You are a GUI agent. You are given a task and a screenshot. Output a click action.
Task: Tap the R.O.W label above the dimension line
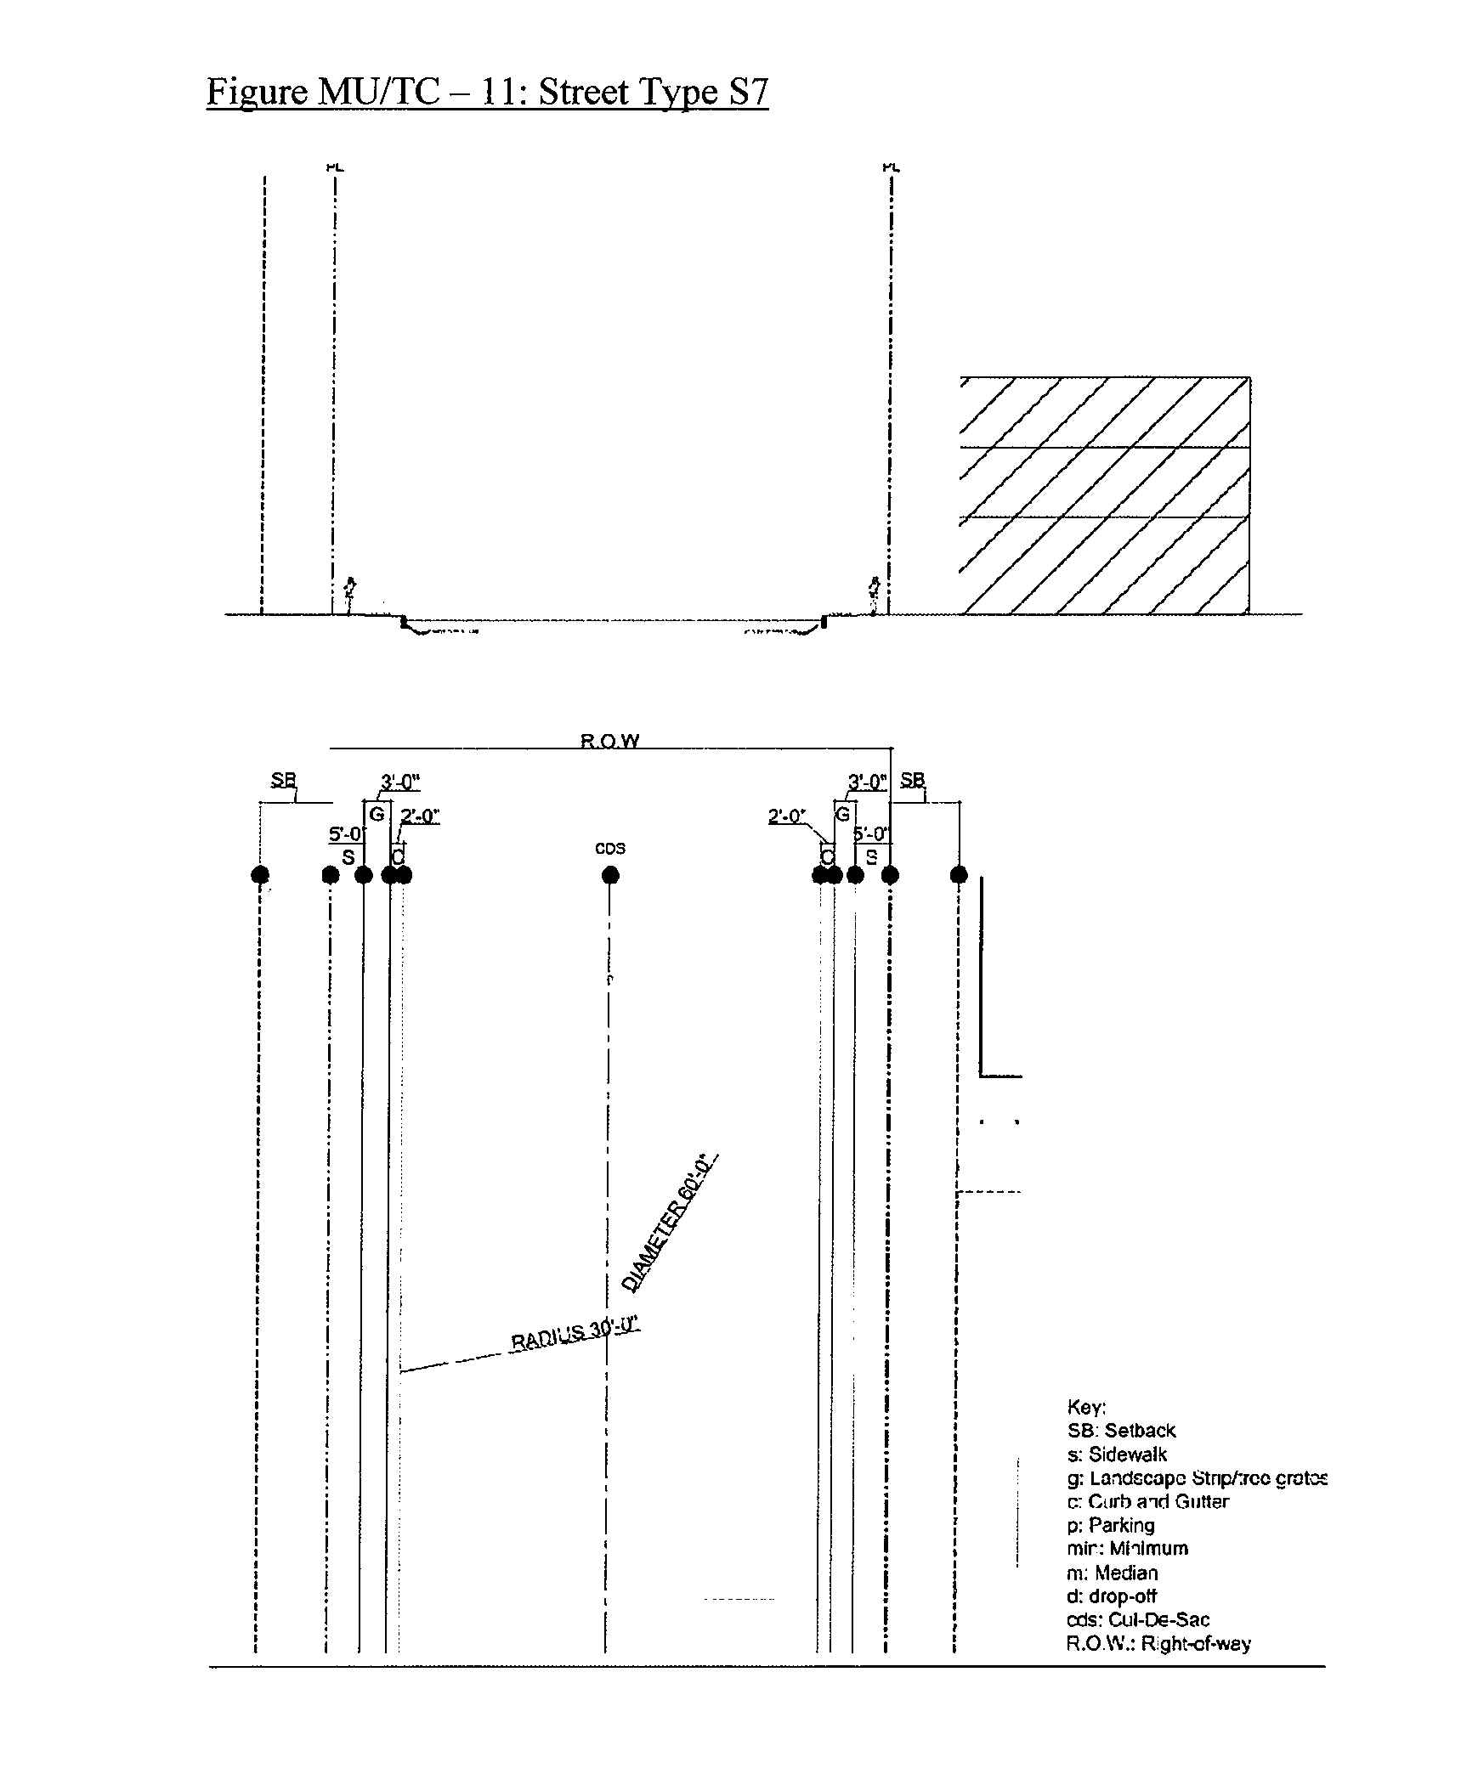[x=609, y=741]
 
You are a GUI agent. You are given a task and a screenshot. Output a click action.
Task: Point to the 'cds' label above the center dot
[x=609, y=849]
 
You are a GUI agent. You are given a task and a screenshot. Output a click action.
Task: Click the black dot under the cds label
[x=609, y=875]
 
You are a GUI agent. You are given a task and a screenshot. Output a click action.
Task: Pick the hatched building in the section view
[x=1104, y=494]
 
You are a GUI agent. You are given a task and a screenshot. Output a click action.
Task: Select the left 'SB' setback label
[x=283, y=780]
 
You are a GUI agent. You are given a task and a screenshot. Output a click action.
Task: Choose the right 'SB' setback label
[x=912, y=780]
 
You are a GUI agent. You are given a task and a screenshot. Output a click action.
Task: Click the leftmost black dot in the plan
[x=260, y=875]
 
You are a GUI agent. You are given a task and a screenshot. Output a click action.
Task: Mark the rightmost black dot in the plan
[x=959, y=875]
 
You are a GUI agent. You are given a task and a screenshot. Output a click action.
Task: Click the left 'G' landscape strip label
[x=377, y=814]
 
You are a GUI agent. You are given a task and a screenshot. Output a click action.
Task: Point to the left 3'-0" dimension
[x=400, y=782]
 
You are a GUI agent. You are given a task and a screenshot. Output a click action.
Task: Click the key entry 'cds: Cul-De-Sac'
[x=1137, y=1619]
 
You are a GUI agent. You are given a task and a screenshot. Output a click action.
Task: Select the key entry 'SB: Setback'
[x=1121, y=1431]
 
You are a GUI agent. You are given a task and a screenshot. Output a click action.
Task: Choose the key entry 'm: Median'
[x=1112, y=1573]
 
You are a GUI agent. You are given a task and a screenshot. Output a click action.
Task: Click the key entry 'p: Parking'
[x=1110, y=1525]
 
